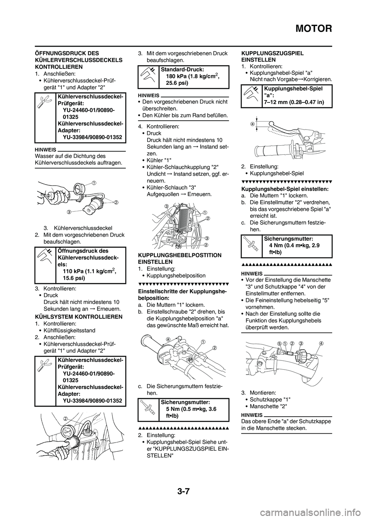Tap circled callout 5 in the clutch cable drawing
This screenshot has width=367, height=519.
click(x=279, y=343)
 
